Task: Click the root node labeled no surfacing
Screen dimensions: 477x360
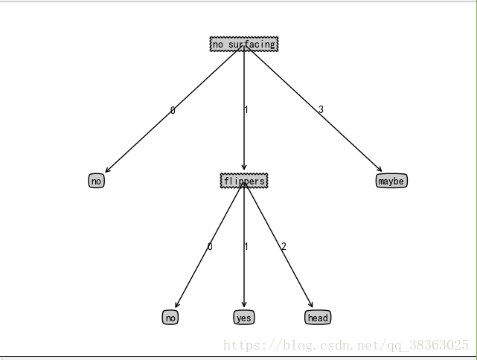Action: click(x=243, y=45)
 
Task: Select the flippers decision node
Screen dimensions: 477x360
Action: click(x=243, y=181)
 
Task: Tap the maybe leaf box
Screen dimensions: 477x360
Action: click(x=391, y=181)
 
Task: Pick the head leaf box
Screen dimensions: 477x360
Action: click(x=317, y=318)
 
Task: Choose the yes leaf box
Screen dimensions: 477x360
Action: click(x=243, y=318)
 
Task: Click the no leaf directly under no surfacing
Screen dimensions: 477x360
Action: click(x=96, y=181)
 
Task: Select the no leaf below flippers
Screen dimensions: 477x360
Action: click(x=170, y=318)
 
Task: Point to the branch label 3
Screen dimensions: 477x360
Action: click(x=321, y=110)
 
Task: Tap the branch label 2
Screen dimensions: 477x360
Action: click(x=284, y=246)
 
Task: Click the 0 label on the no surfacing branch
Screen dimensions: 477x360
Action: click(x=173, y=111)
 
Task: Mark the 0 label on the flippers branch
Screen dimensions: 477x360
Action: click(x=210, y=246)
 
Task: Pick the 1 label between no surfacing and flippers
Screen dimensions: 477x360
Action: click(x=246, y=110)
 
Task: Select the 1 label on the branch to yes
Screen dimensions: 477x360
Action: click(x=246, y=246)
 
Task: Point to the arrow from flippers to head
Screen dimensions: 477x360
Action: click(x=290, y=268)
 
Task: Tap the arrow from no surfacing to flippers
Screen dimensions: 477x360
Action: click(x=243, y=141)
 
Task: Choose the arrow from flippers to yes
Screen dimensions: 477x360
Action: click(x=243, y=275)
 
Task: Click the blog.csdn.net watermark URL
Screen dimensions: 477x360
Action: click(x=346, y=345)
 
